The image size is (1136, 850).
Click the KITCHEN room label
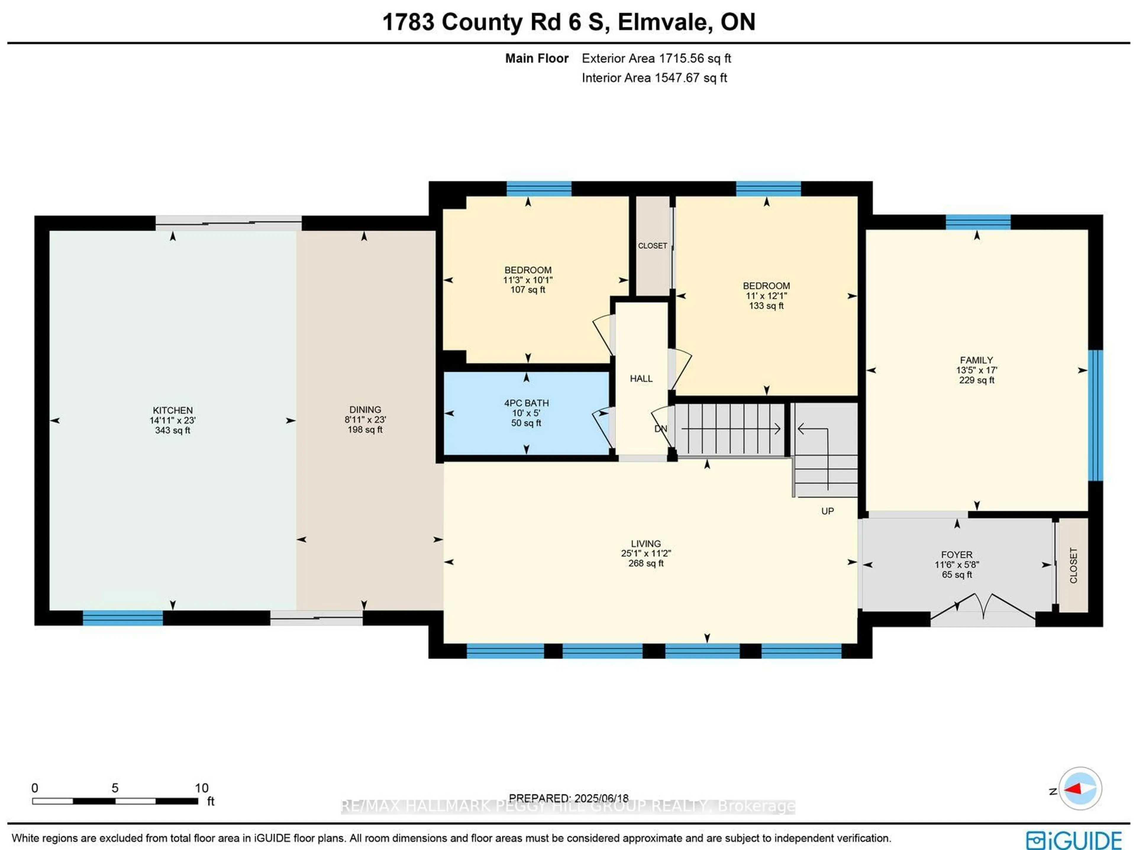(x=172, y=410)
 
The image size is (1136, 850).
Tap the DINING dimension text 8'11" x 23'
(x=365, y=419)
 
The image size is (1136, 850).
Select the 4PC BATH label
(x=526, y=403)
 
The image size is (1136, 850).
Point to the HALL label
(x=641, y=379)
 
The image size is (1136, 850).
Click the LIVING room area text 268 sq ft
(x=646, y=563)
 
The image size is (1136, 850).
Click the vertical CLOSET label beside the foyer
(x=1073, y=565)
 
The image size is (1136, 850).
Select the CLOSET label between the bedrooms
(x=652, y=246)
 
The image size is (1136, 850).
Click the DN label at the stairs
(x=660, y=429)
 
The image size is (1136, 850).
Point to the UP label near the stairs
(x=827, y=511)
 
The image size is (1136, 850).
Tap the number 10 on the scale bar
(x=201, y=788)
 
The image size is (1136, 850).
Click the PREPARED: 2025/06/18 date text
(x=569, y=798)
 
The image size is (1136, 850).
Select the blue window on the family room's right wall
(x=1095, y=415)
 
